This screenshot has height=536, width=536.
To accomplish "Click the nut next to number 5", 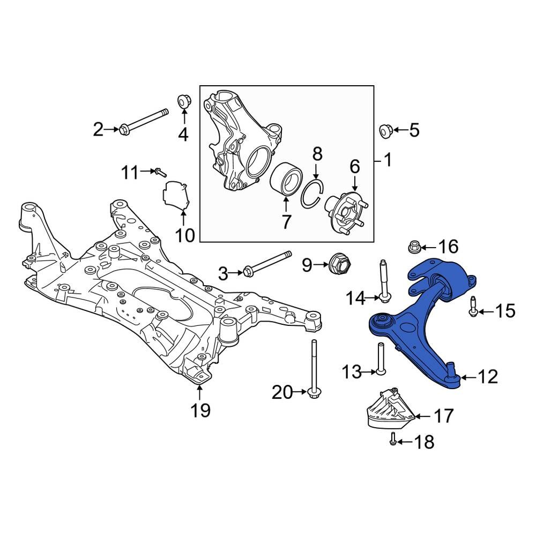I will coord(385,130).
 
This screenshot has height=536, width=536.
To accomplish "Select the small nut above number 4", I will coord(183,100).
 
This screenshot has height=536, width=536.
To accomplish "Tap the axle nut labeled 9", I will coord(339,263).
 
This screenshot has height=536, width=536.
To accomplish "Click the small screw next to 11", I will coord(160,172).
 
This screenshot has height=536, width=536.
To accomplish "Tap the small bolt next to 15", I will coord(473,306).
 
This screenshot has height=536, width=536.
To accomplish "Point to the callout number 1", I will coord(386,160).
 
